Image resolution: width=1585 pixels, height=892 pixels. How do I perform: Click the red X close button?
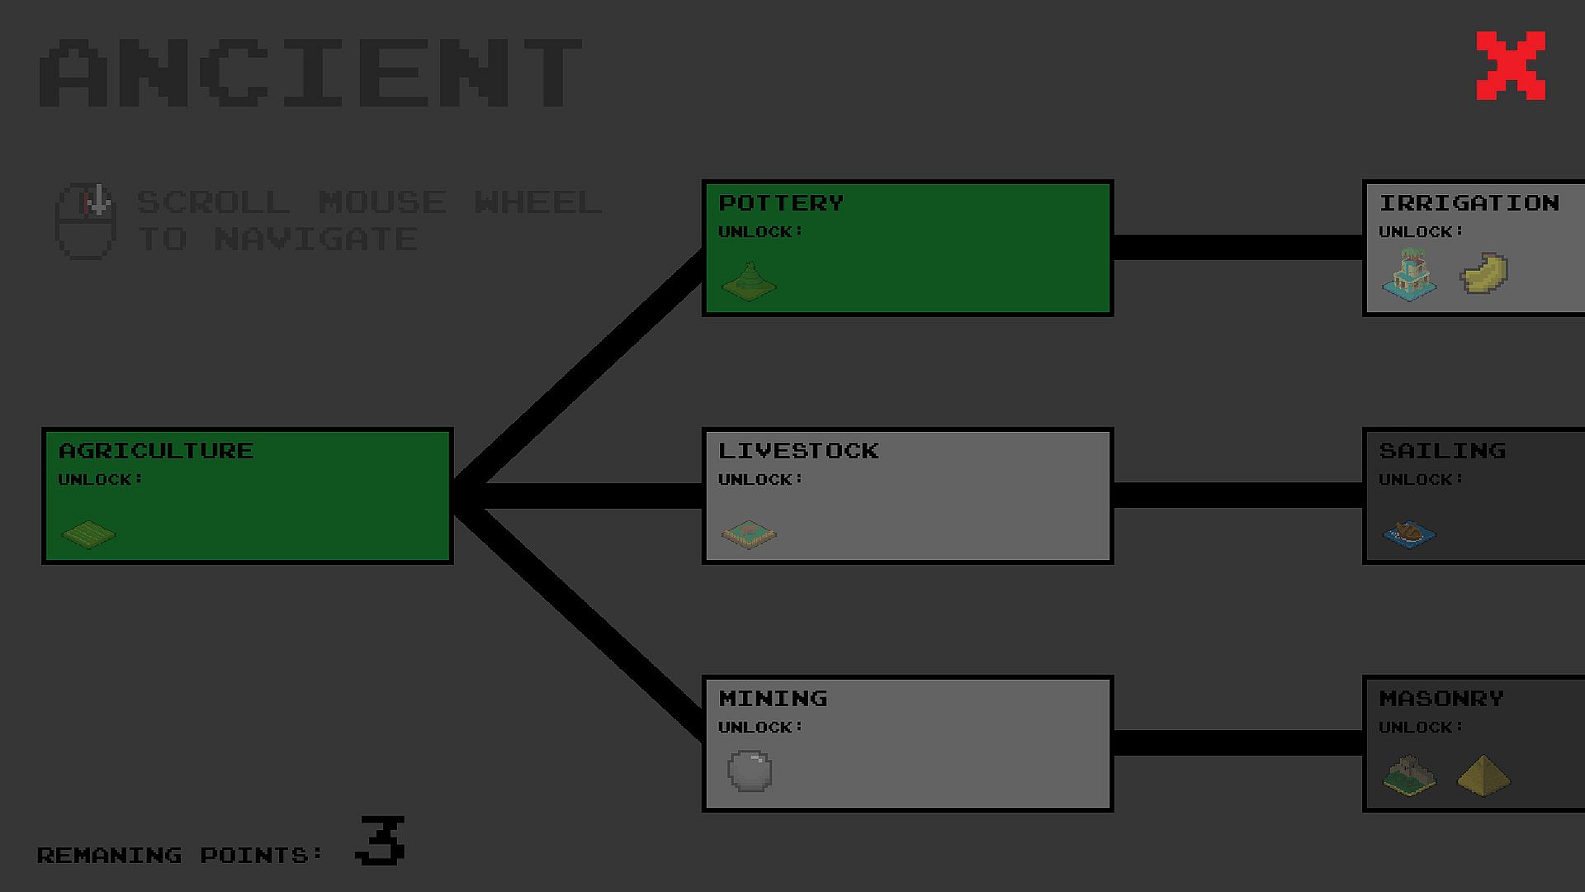1511,66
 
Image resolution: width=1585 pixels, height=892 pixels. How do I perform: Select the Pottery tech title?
781,202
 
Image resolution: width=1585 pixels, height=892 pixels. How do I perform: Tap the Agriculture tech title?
156,450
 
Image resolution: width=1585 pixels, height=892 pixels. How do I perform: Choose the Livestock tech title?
798,450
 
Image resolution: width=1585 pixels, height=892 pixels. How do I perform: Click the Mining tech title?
773,698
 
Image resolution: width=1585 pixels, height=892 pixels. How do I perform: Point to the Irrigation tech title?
1469,202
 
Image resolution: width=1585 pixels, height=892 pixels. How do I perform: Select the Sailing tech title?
1442,450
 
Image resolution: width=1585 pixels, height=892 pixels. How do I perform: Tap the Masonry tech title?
1441,698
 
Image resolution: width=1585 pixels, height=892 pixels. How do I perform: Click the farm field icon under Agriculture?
88,534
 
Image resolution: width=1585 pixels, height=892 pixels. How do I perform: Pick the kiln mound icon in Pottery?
749,282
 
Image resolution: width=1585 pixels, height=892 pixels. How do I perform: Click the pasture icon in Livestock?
749,534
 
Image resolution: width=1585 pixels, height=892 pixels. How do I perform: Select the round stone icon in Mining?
750,771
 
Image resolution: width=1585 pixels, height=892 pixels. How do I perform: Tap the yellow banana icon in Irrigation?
1484,273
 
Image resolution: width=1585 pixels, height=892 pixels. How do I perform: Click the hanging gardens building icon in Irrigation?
1409,274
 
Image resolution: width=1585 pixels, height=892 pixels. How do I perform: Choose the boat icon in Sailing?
1409,534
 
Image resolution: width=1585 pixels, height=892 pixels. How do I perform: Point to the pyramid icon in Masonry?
1483,775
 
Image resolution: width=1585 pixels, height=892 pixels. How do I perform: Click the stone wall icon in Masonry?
1409,775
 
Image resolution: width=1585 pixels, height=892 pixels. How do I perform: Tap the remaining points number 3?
381,840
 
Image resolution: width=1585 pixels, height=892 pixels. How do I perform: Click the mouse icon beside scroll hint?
85,221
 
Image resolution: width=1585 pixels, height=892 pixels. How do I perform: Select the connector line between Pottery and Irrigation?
1238,247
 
